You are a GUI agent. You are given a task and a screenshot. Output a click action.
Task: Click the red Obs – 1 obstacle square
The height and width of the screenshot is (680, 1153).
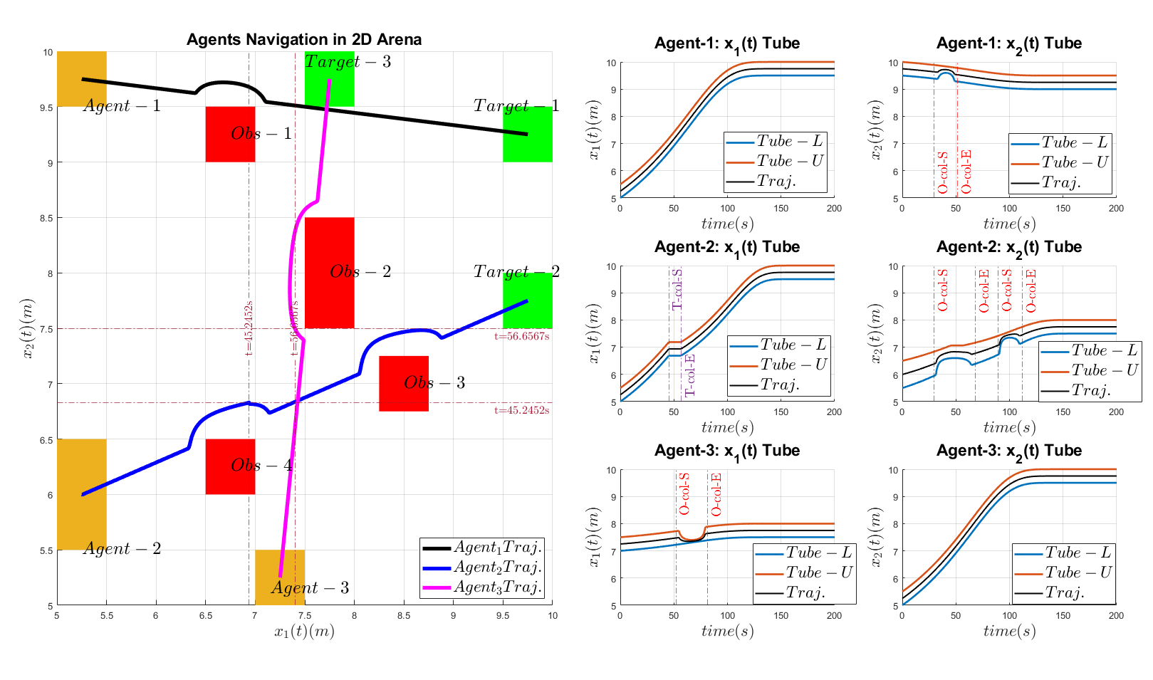tap(230, 134)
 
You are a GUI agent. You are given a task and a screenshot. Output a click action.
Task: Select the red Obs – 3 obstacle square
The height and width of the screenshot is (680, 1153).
tap(404, 383)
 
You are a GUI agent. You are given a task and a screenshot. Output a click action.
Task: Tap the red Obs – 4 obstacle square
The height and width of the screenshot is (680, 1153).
tap(230, 466)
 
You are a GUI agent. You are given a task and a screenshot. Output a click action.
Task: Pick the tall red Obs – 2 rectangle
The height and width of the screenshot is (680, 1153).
tap(329, 273)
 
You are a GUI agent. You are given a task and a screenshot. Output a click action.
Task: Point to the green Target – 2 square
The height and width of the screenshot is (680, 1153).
tap(528, 300)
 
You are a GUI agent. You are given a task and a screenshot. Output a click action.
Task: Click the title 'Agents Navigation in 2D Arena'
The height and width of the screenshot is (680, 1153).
tap(304, 40)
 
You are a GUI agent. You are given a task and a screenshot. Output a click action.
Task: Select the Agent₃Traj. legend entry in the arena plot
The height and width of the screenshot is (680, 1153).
tap(482, 587)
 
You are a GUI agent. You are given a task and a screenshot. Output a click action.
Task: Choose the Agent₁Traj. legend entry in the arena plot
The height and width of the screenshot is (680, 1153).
tap(482, 548)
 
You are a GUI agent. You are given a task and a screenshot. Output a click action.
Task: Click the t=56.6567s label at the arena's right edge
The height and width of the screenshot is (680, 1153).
tap(521, 337)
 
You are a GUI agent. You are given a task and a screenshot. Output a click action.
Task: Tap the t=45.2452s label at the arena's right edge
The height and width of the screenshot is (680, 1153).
tap(521, 411)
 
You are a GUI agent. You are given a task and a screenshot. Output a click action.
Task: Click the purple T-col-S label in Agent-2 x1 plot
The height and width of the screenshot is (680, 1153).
tap(677, 289)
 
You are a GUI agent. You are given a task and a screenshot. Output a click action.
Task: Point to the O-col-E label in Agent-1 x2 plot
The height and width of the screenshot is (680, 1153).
tap(966, 172)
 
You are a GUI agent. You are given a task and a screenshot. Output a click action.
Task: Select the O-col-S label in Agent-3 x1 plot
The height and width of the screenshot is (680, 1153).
tap(684, 493)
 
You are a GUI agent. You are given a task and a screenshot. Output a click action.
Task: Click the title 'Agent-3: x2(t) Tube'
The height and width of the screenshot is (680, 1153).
tap(1008, 451)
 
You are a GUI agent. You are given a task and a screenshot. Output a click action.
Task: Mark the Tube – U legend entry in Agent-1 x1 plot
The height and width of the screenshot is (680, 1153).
tap(775, 161)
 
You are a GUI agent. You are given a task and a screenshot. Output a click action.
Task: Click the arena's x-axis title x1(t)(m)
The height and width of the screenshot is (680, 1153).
tap(304, 631)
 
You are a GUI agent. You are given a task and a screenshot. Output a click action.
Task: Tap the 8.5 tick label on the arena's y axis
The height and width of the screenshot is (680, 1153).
tap(47, 219)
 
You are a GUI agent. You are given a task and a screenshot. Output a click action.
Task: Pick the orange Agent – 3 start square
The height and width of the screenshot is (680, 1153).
tap(280, 577)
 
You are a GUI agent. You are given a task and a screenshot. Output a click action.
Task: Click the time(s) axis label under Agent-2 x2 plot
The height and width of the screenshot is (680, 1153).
tap(1008, 427)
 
